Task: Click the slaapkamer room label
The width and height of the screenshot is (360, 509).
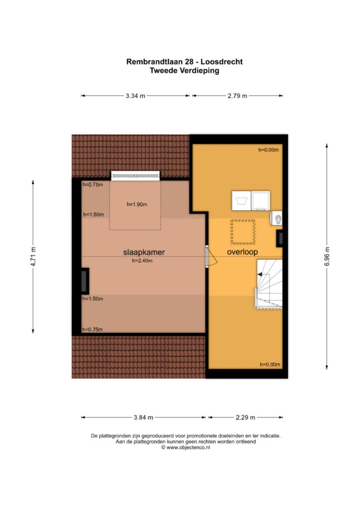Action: click(144, 252)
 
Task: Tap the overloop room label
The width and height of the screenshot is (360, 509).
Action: click(242, 252)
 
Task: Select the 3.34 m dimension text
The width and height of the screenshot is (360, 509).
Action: click(135, 96)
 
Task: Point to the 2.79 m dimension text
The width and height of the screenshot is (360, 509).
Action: click(237, 96)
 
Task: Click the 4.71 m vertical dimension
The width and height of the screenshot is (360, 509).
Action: click(33, 256)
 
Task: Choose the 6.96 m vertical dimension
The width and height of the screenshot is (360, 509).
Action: click(327, 256)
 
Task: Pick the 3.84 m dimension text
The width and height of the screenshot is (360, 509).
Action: click(143, 418)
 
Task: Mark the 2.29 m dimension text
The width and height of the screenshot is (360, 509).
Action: click(246, 418)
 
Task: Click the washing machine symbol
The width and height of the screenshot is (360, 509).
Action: click(241, 201)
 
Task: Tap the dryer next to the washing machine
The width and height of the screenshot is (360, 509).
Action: click(261, 201)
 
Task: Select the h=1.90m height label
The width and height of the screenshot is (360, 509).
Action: click(137, 204)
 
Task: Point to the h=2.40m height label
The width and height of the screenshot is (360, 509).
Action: click(142, 260)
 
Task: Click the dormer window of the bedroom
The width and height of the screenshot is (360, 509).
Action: click(135, 175)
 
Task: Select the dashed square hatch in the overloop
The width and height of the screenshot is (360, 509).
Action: click(243, 232)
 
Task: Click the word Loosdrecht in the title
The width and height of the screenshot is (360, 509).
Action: click(222, 62)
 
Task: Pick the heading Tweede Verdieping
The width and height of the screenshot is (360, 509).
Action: click(184, 71)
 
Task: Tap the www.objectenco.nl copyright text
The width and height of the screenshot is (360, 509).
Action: click(185, 447)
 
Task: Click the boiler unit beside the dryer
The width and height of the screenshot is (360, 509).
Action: click(276, 219)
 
